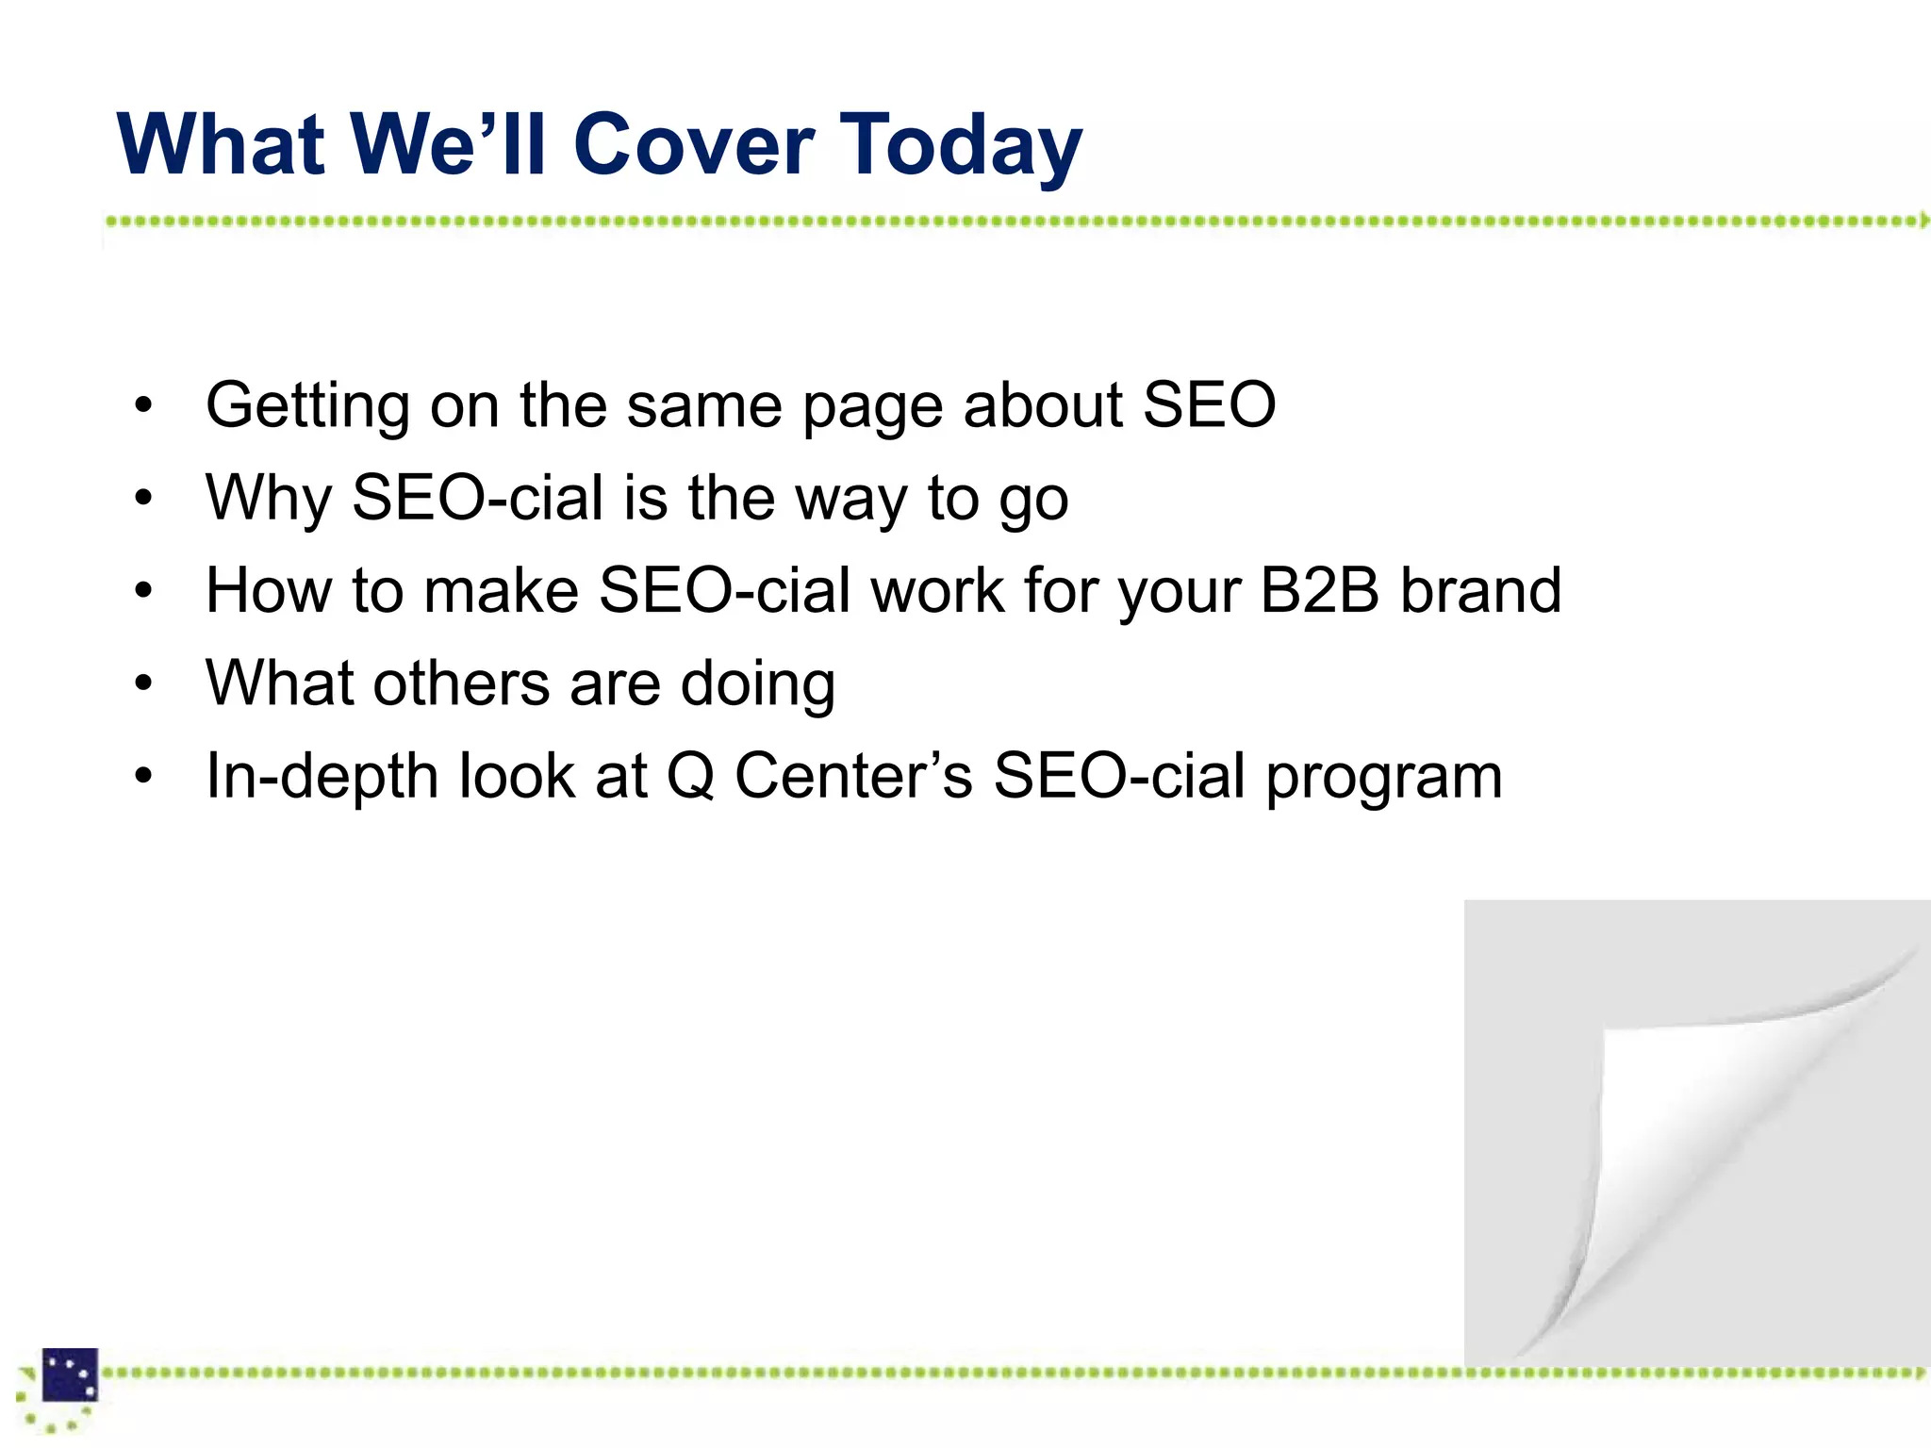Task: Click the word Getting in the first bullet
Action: [307, 406]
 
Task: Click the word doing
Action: [758, 686]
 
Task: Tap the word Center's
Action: [852, 776]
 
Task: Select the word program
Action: [1383, 780]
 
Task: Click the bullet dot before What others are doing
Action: [142, 683]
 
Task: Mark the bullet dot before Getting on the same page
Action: [142, 406]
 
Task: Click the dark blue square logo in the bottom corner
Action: [70, 1374]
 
